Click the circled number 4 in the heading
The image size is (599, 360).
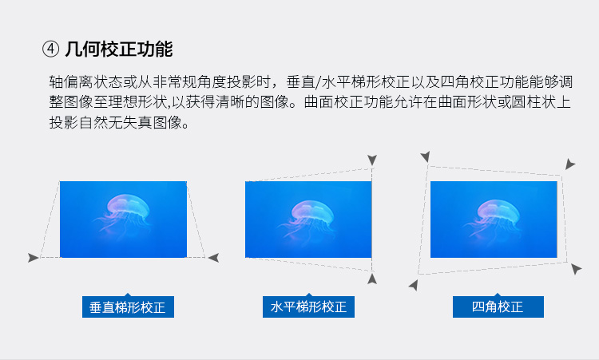[x=50, y=49]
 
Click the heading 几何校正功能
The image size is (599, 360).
[x=119, y=49]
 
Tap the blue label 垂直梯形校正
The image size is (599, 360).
[x=128, y=307]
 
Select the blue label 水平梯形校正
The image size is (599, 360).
[x=308, y=307]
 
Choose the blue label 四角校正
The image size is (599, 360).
[x=498, y=307]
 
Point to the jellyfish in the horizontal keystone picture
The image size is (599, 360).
[x=307, y=219]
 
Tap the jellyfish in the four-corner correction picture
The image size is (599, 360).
[x=493, y=218]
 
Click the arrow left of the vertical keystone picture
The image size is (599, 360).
[x=34, y=258]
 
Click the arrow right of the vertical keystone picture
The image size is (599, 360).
[x=213, y=258]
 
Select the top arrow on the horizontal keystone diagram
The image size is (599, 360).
[x=372, y=160]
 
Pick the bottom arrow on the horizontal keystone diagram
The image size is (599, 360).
[x=372, y=279]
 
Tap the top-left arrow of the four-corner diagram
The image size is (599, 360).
[x=425, y=156]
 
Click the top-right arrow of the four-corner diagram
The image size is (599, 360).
[x=570, y=164]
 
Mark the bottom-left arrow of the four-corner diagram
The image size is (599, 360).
[x=414, y=285]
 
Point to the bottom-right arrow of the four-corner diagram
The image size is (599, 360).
[x=576, y=269]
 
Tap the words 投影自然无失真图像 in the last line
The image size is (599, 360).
[x=115, y=123]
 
